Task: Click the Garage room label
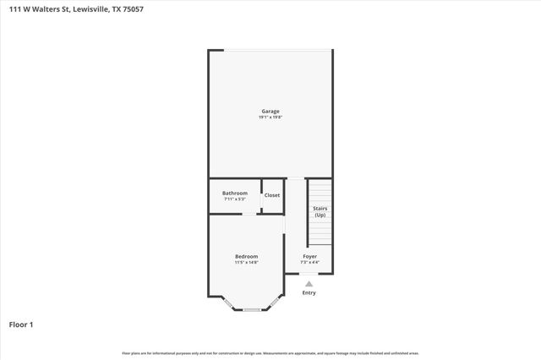click(x=270, y=111)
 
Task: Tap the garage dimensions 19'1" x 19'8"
click(x=270, y=117)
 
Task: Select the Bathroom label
click(x=235, y=193)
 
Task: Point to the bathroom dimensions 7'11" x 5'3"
click(x=235, y=199)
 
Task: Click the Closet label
click(x=272, y=195)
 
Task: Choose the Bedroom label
click(x=246, y=256)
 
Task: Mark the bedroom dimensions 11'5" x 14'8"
click(x=246, y=262)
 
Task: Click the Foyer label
click(x=309, y=256)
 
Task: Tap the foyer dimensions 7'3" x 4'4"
click(x=309, y=262)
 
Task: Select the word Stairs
click(x=320, y=208)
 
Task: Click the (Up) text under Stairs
click(x=320, y=215)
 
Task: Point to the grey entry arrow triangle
click(x=309, y=284)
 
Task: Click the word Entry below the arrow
click(x=309, y=293)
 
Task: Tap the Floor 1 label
click(x=21, y=324)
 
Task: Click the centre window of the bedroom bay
click(x=251, y=311)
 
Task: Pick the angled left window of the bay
click(x=228, y=302)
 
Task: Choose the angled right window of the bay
click(x=273, y=302)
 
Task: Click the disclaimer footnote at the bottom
click(x=270, y=353)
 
